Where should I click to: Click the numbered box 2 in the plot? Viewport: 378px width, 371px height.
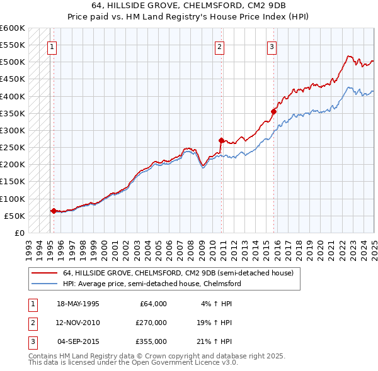(x=219, y=46)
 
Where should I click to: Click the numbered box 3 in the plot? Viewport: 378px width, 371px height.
(x=272, y=46)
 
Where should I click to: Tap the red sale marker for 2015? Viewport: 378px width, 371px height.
(x=274, y=112)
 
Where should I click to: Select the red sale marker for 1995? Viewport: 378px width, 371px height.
(x=54, y=211)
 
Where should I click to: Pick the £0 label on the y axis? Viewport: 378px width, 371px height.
(x=19, y=233)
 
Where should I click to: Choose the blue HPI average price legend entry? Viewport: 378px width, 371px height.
(x=151, y=284)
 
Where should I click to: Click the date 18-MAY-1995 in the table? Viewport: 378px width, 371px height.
(x=78, y=304)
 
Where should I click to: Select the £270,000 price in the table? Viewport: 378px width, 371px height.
(x=151, y=323)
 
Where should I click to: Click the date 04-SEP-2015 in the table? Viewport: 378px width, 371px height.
(x=78, y=341)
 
